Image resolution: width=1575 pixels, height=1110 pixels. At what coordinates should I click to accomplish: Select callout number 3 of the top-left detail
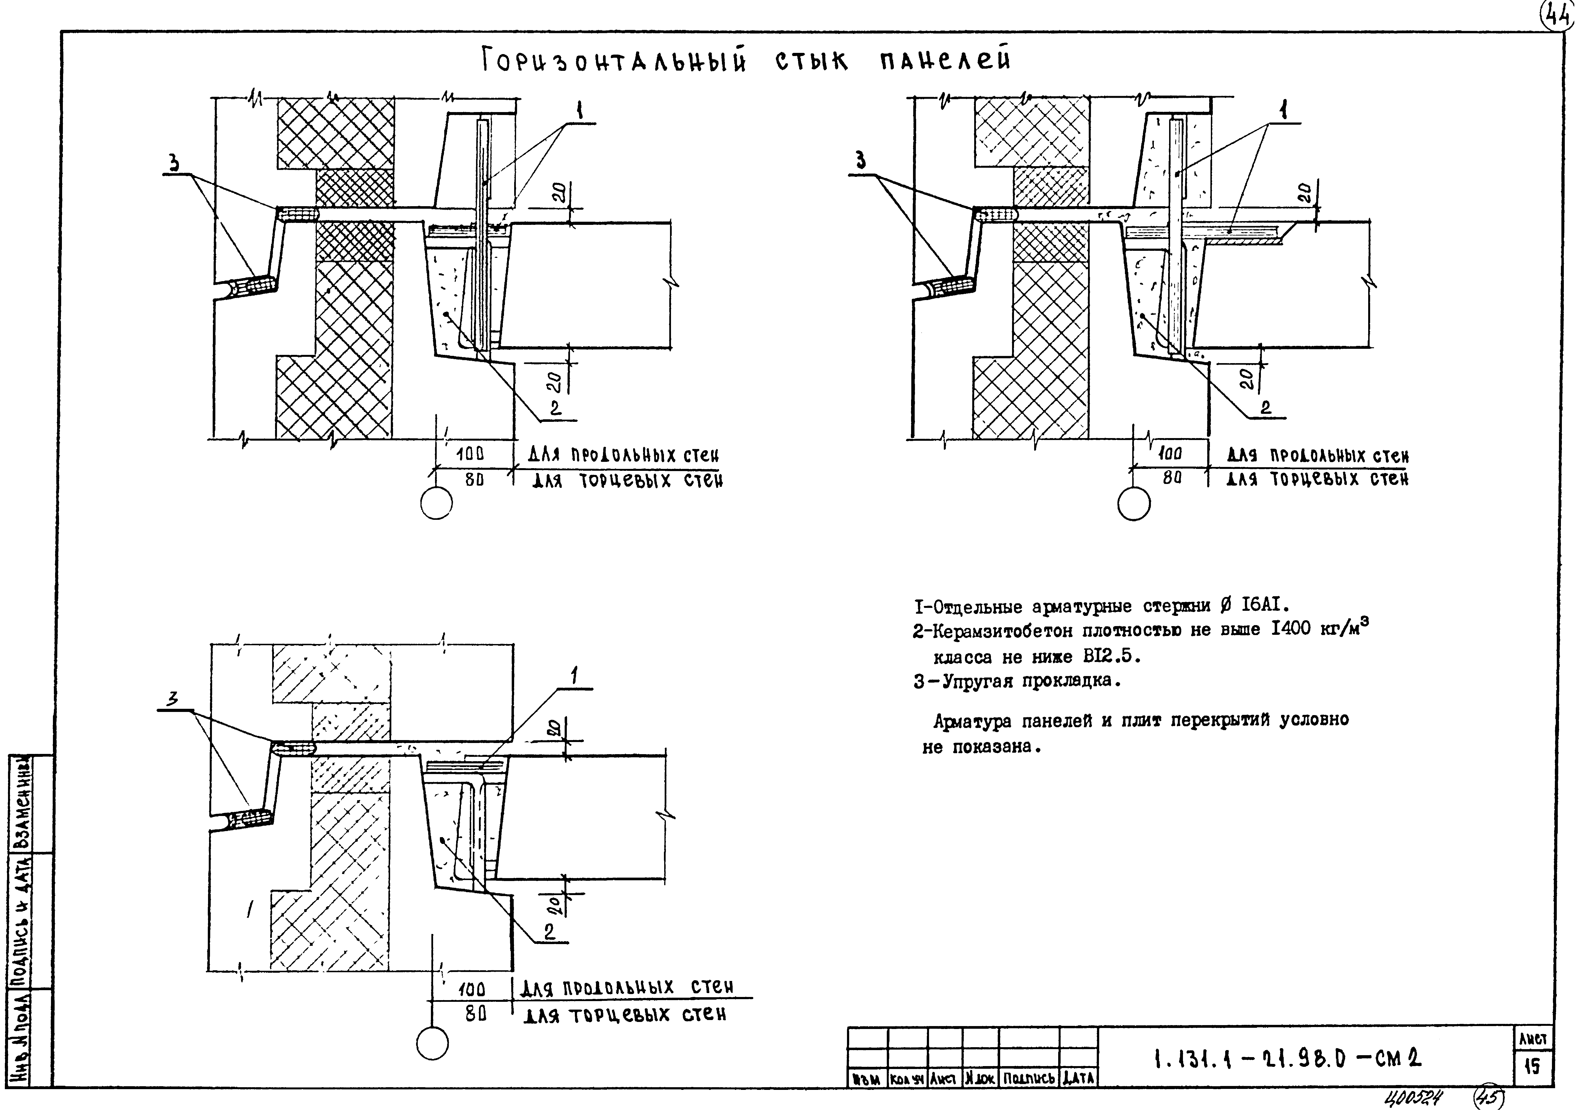point(174,163)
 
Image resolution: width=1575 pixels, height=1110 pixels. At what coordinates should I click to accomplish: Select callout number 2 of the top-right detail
point(1266,408)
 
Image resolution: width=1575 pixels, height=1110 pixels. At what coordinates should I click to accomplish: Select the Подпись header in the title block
point(1028,1078)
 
